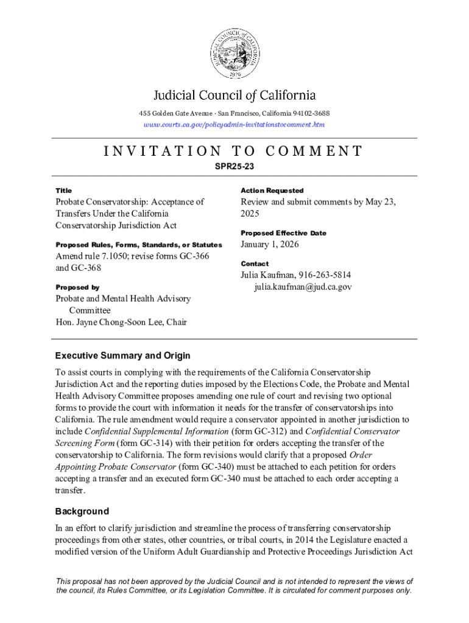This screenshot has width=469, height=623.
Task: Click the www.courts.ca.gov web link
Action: point(234,125)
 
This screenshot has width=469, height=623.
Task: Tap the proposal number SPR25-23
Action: point(234,165)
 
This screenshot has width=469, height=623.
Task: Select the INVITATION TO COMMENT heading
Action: point(234,151)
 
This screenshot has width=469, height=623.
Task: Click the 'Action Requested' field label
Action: point(272,190)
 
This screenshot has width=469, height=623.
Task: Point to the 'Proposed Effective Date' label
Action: point(283,233)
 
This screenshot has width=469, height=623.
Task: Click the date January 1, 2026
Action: point(269,245)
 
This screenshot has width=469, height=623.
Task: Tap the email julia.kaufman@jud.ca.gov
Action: point(303,287)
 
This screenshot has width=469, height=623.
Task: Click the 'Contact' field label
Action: point(254,264)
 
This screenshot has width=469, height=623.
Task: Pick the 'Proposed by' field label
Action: point(77,287)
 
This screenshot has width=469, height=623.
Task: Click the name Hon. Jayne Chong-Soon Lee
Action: point(113,322)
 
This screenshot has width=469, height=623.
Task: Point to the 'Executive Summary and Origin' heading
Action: point(122,356)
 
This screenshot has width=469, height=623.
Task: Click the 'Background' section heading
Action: point(82,512)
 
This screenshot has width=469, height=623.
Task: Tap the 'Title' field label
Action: point(63,190)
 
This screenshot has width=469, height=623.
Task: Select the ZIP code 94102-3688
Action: point(308,114)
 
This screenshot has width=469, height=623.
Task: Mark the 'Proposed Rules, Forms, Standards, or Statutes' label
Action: point(135,245)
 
